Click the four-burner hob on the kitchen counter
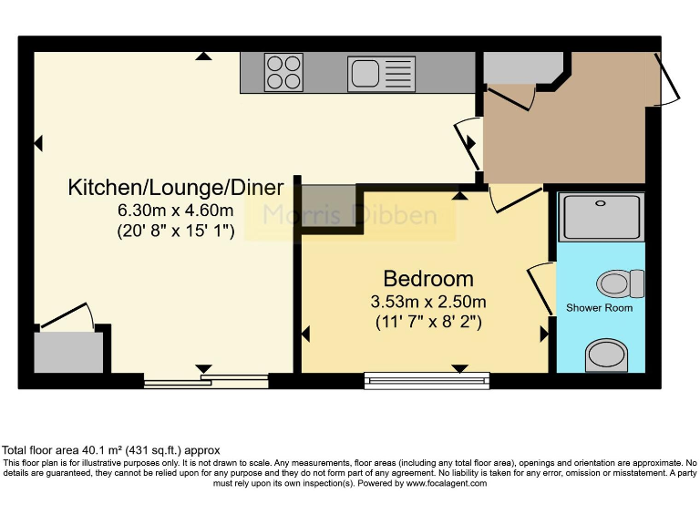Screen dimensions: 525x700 (283, 72)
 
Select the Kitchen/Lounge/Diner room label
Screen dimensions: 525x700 (176, 188)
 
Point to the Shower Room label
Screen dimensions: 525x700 (599, 307)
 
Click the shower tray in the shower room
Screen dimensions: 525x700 (601, 215)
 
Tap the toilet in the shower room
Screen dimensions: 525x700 (621, 283)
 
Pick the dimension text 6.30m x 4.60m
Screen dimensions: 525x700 (176, 211)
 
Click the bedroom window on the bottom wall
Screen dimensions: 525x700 (427, 380)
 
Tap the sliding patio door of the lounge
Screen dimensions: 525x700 (206, 381)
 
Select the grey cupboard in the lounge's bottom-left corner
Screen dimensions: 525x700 (67, 352)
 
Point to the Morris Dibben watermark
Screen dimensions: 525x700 (350, 216)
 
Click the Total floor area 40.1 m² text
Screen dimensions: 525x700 (110, 450)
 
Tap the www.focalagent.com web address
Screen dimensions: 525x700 (447, 483)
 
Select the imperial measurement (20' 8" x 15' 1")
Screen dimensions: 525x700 (176, 232)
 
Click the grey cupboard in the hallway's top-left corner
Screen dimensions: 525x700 (520, 67)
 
